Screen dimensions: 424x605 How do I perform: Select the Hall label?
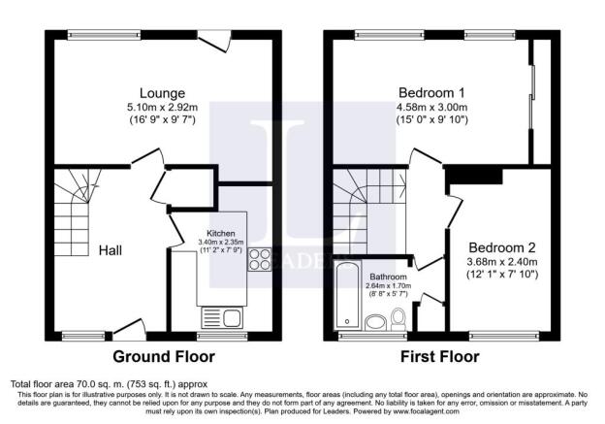[x=110, y=249]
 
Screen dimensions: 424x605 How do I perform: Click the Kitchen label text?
[x=218, y=234]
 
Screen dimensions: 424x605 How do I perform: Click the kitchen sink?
[x=219, y=317]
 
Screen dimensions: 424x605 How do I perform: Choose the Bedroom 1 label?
[x=432, y=93]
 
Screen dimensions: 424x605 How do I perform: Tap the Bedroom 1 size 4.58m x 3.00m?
[x=432, y=107]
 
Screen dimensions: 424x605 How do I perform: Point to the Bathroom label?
[x=387, y=277]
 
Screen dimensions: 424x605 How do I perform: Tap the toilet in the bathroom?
[x=400, y=318]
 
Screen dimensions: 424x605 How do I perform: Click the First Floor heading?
[x=439, y=356]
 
